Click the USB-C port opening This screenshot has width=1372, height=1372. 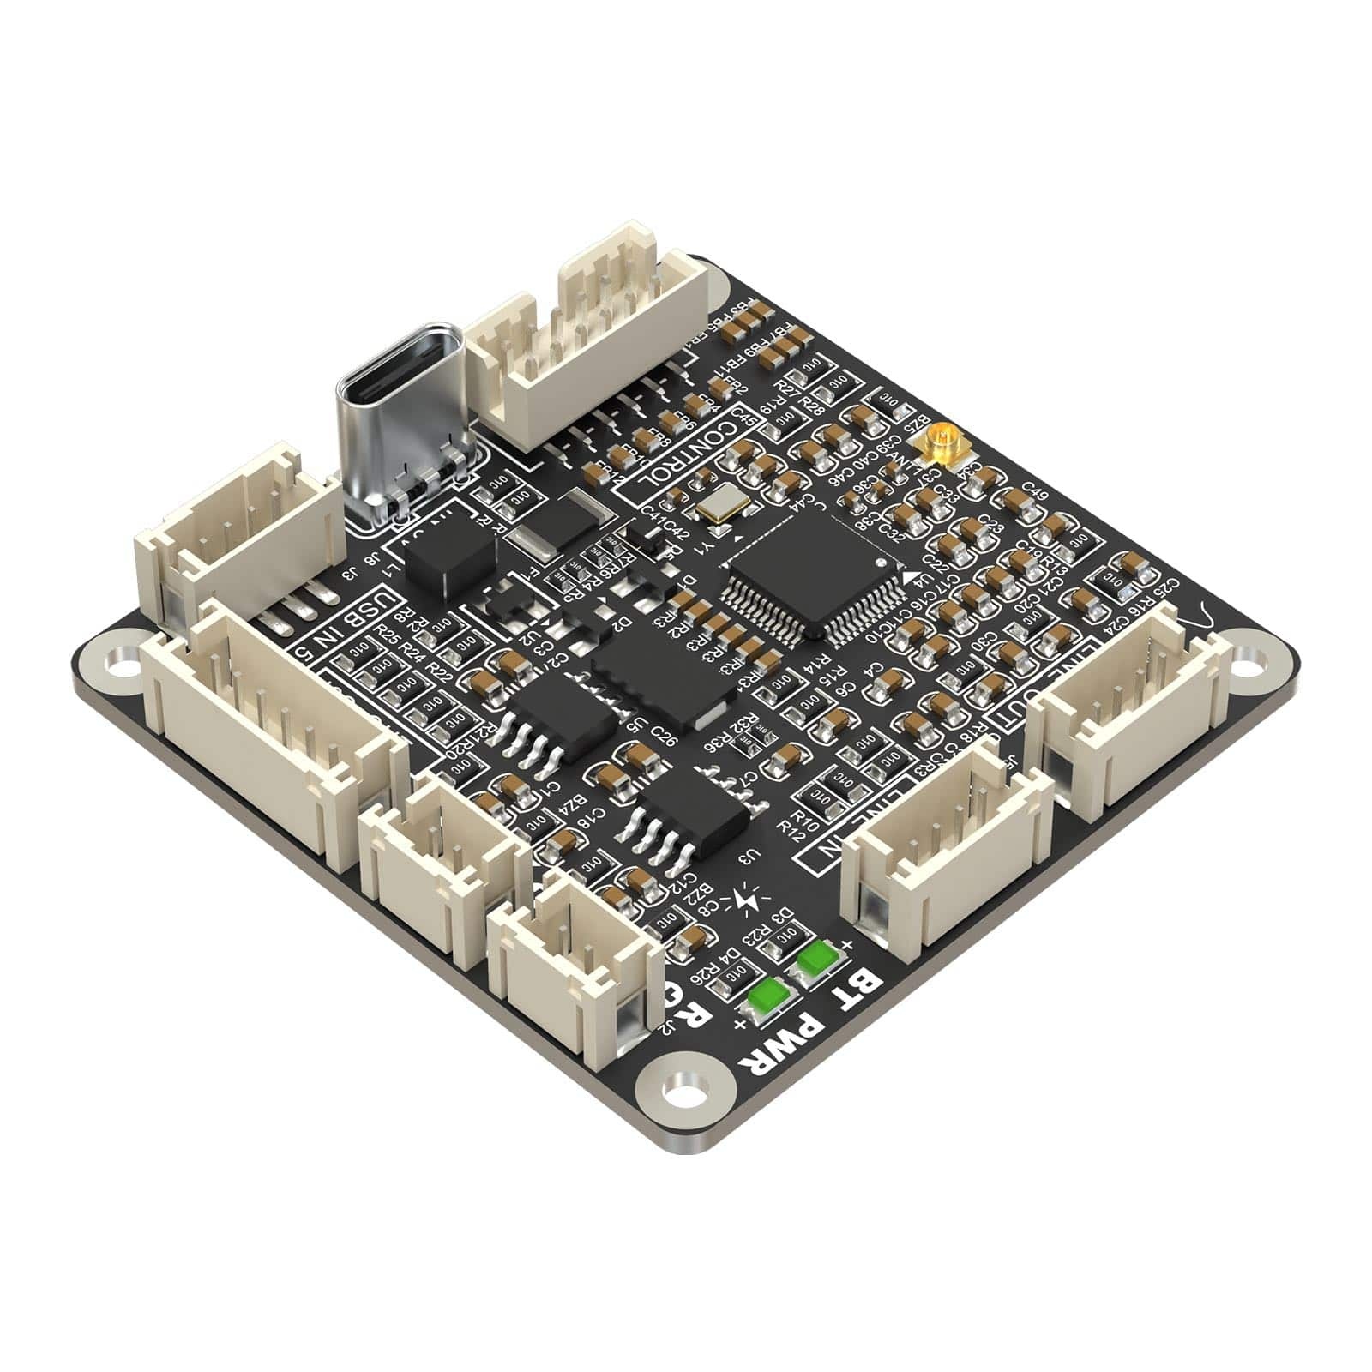[x=401, y=372]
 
